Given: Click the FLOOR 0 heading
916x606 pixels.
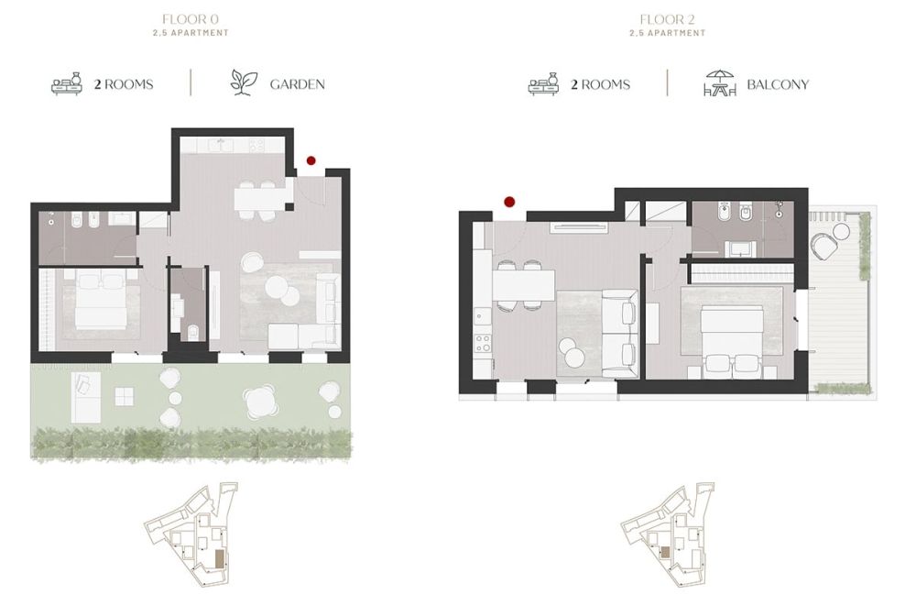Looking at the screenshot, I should (x=191, y=17).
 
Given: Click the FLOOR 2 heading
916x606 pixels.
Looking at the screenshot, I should (x=667, y=17).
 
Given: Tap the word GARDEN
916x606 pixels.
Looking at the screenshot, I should (x=297, y=84).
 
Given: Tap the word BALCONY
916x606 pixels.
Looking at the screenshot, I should (x=778, y=84).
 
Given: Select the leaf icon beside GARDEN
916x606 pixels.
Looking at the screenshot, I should (x=242, y=83).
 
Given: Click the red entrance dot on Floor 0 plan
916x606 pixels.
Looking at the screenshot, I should (x=311, y=160).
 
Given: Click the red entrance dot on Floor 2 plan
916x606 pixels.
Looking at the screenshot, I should (x=509, y=201).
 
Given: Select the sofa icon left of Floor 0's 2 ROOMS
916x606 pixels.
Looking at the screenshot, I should (x=68, y=84).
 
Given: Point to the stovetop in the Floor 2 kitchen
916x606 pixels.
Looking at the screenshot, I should (x=482, y=347).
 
